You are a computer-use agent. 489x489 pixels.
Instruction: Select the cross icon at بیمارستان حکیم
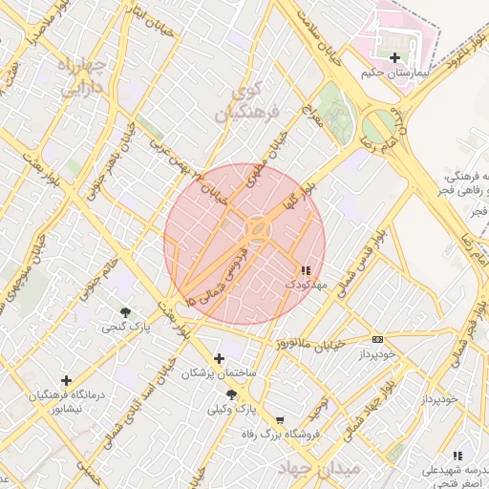coord(394,58)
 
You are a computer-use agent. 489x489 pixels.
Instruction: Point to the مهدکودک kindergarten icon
coord(306,271)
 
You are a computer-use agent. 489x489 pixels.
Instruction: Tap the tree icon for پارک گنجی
coord(126,312)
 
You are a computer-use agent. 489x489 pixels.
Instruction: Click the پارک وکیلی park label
coord(234,409)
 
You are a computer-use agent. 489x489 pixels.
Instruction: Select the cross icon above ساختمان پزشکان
coord(220,359)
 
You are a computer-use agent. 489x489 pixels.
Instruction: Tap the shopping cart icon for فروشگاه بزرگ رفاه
coord(280,419)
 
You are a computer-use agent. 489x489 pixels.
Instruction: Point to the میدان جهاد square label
coord(319,469)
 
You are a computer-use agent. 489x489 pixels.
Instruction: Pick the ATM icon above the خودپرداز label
coord(377,339)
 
